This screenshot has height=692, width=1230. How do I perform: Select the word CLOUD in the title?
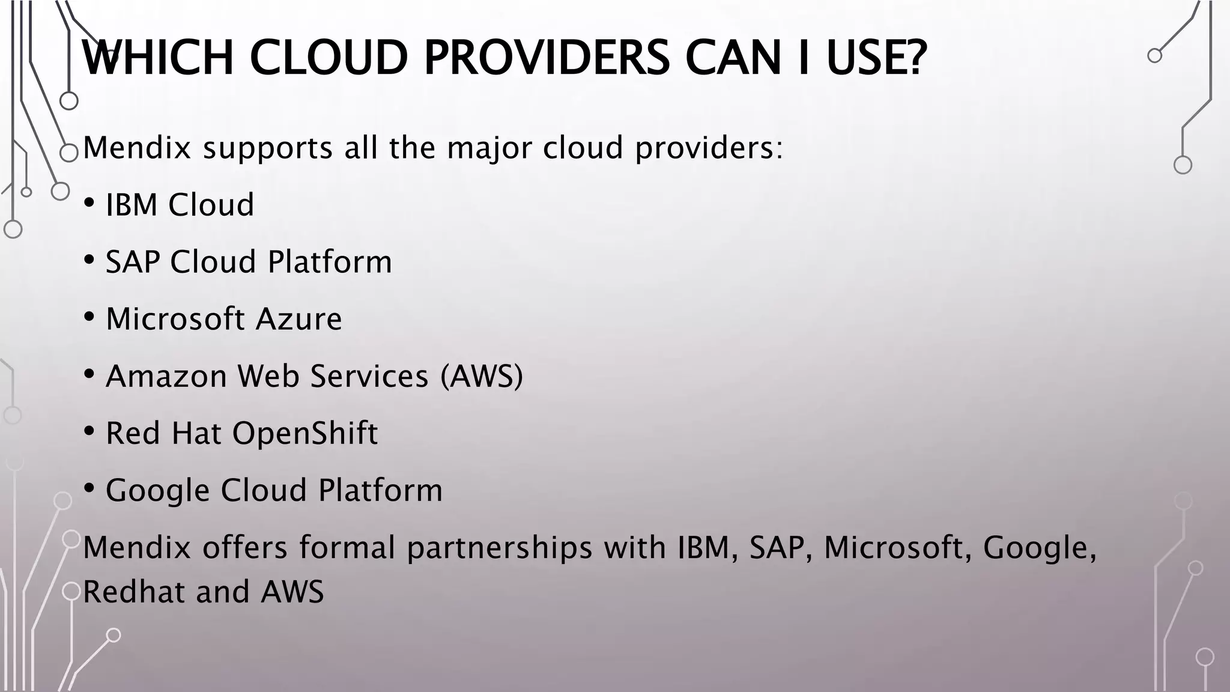[x=328, y=58]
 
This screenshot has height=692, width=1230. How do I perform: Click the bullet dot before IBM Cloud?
[x=89, y=203]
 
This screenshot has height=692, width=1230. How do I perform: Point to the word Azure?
[x=298, y=319]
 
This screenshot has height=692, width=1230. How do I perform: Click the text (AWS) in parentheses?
[x=482, y=376]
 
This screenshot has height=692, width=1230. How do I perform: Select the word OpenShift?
[x=305, y=433]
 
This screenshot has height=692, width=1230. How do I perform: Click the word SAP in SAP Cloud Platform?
[x=132, y=262]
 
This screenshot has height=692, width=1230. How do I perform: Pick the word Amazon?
[x=166, y=376]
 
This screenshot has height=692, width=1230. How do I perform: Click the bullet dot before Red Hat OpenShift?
[x=89, y=431]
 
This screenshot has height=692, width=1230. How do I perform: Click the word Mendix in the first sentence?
[x=136, y=148]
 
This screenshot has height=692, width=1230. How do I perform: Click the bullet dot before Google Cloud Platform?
[x=89, y=488]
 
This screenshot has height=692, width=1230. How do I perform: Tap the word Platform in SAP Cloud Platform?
[x=330, y=262]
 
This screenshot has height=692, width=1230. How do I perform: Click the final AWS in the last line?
[x=292, y=592]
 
